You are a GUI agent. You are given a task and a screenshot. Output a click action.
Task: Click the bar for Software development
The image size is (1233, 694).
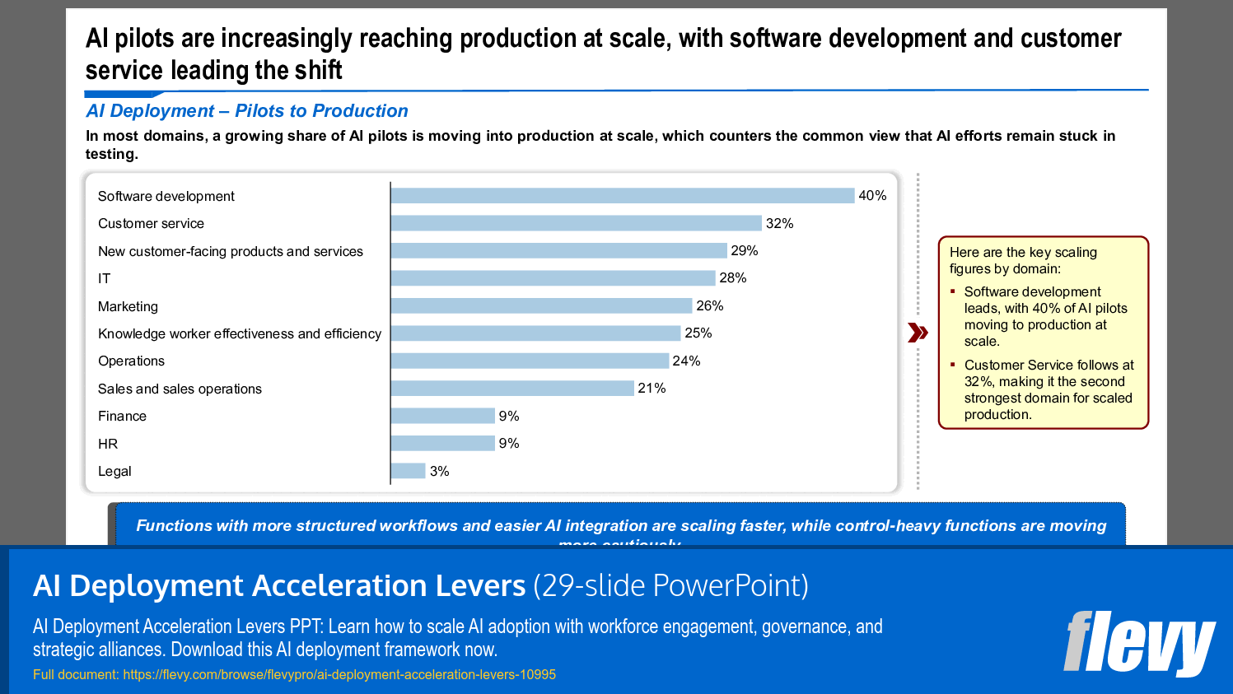click(x=622, y=196)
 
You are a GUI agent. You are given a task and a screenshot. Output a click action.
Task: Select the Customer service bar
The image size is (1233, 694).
click(x=576, y=223)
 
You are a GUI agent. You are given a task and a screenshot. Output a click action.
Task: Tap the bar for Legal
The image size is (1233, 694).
click(x=408, y=471)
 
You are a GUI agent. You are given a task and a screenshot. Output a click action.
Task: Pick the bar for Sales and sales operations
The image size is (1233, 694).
click(x=512, y=389)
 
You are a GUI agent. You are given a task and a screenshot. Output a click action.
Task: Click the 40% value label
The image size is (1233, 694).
click(x=872, y=196)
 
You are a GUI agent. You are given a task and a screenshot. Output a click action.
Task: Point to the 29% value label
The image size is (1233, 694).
click(x=744, y=251)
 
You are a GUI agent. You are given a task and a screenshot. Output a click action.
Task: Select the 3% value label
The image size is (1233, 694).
click(x=439, y=472)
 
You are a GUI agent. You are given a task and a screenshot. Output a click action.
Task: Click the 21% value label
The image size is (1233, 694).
click(x=652, y=389)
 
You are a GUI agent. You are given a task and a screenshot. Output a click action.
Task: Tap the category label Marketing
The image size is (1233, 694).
click(x=128, y=306)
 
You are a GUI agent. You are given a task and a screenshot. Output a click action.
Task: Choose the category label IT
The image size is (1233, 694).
click(x=104, y=279)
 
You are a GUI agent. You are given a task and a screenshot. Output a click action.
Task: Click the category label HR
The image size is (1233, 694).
click(x=108, y=444)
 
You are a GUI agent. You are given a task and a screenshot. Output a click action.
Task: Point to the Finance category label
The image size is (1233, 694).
click(x=122, y=417)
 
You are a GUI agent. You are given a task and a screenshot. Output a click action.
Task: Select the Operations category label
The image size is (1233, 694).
click(x=131, y=361)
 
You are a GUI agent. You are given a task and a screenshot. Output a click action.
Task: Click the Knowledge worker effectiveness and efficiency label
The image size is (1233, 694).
click(x=239, y=333)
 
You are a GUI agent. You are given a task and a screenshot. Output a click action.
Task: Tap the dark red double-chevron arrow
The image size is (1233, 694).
click(x=918, y=333)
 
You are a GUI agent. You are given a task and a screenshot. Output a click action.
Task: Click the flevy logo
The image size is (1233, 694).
click(x=1138, y=643)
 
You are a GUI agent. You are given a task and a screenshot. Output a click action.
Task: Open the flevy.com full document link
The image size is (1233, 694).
click(x=339, y=674)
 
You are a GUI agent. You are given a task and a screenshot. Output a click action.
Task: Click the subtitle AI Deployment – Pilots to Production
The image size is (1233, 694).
click(x=246, y=111)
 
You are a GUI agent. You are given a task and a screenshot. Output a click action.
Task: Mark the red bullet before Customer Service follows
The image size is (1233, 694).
click(x=953, y=364)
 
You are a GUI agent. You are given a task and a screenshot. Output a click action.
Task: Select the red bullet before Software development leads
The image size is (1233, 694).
click(x=953, y=291)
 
